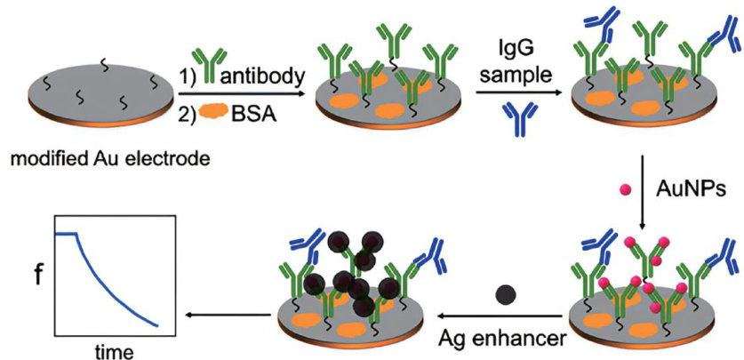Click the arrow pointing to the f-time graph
pos(226,313)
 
